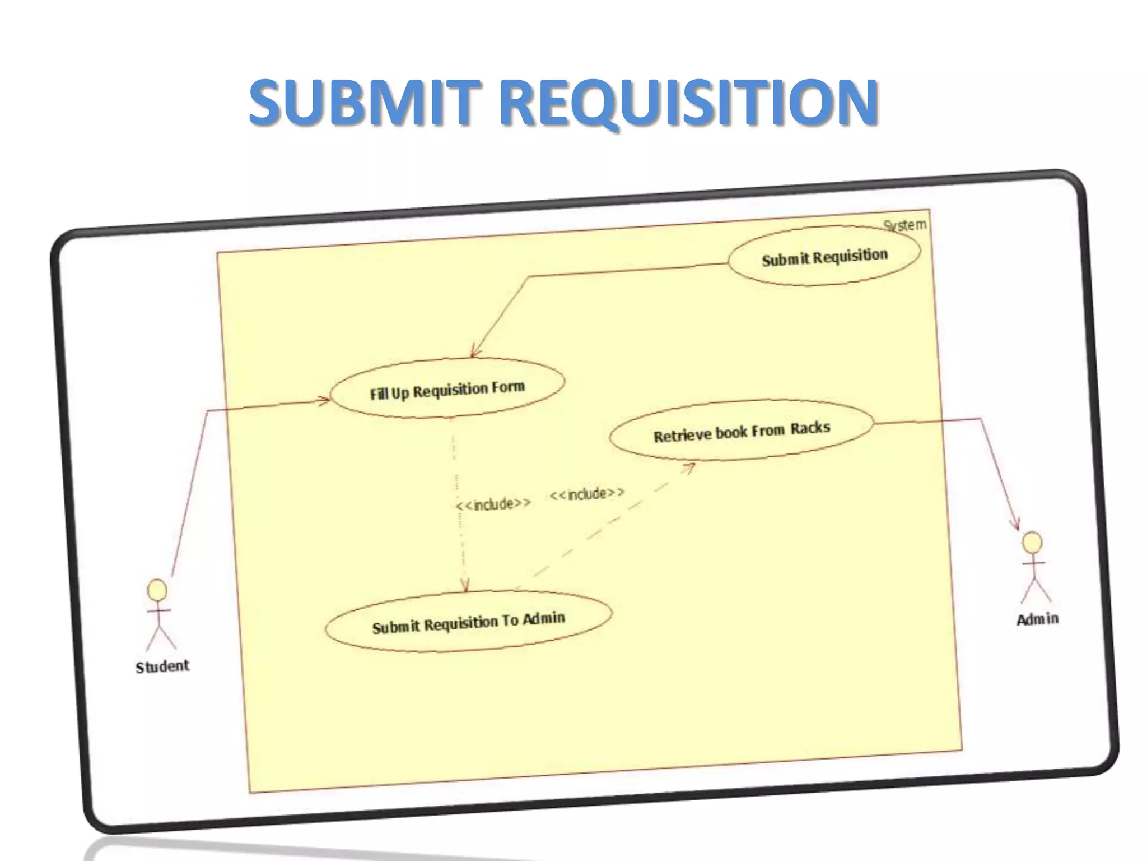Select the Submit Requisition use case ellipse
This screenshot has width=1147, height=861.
[x=824, y=256]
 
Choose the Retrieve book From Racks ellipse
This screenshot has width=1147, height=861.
[x=741, y=431]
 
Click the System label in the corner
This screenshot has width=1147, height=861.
[x=904, y=225]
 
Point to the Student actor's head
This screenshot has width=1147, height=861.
[x=157, y=590]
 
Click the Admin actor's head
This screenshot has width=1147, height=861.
[x=1032, y=543]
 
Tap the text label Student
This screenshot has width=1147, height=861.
[x=162, y=666]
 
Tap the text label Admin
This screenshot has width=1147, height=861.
[x=1037, y=619]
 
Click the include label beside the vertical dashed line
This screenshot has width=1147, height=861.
[x=493, y=504]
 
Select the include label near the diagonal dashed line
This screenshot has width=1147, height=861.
[x=586, y=494]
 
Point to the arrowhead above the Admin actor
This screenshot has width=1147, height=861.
[x=1015, y=524]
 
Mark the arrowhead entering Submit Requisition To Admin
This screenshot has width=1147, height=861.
[x=465, y=586]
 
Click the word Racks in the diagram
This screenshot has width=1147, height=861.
[x=810, y=428]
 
